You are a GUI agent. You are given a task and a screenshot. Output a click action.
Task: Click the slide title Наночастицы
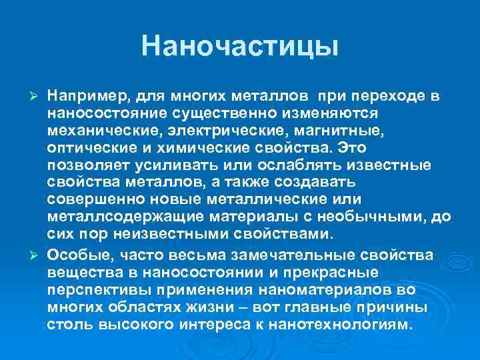[240, 46]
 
